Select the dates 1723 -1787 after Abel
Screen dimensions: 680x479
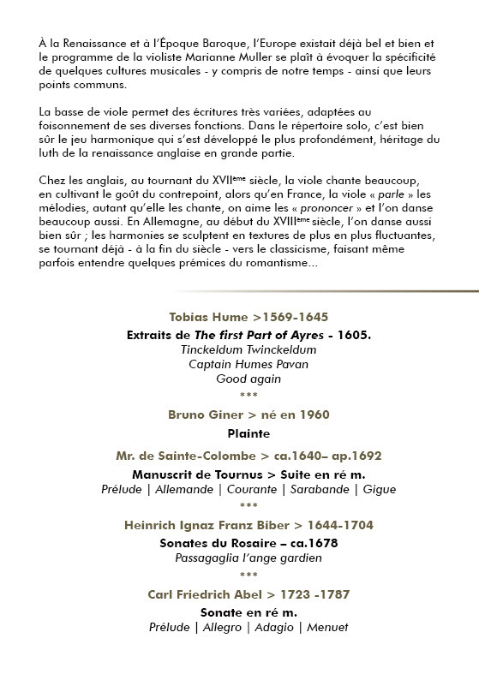314,594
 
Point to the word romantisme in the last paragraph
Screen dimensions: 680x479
279,264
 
